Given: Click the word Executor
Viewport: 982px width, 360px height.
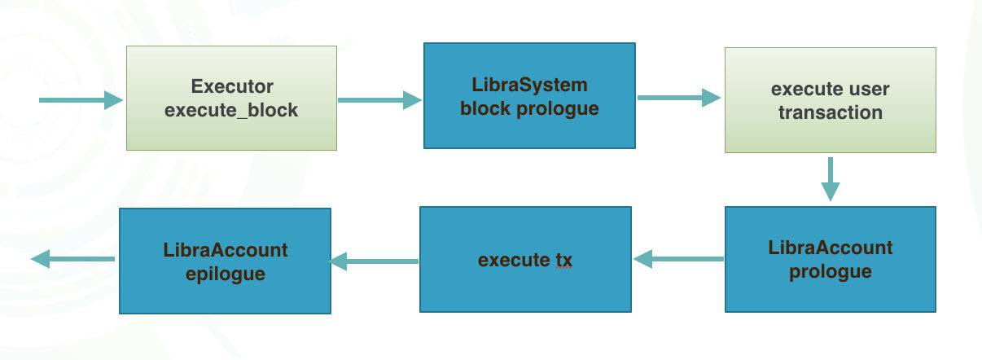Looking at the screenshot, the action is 232,86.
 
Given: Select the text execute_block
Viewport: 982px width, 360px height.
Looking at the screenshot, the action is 231,110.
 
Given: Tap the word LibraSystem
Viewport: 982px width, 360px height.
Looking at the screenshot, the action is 529,85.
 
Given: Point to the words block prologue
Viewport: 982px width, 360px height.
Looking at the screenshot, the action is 529,109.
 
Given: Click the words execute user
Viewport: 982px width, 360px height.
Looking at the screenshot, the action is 831,89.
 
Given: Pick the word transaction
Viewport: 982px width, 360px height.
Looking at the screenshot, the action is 831,112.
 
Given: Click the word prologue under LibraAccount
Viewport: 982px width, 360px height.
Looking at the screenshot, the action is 831,272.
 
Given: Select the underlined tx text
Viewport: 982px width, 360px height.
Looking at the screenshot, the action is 564,260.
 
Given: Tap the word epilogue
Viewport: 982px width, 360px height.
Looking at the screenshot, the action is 226,274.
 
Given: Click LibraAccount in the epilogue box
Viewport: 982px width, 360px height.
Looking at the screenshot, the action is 226,250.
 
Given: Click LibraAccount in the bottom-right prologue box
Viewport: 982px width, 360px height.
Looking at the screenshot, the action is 831,248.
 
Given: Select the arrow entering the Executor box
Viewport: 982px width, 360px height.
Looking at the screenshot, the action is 81,100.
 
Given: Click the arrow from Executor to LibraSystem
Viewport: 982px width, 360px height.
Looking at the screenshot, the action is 379,100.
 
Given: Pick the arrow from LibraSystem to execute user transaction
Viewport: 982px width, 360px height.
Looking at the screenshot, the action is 679,98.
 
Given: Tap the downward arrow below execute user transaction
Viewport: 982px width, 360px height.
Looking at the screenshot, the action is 831,179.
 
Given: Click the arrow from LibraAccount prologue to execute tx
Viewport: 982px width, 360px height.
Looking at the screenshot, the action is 678,259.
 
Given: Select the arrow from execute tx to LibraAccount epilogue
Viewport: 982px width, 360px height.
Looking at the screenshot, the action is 374,261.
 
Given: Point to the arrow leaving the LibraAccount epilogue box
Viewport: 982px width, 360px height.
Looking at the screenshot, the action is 72,259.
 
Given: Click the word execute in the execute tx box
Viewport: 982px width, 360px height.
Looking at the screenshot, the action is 515,260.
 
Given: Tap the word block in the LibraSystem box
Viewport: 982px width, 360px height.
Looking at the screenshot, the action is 485,108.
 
